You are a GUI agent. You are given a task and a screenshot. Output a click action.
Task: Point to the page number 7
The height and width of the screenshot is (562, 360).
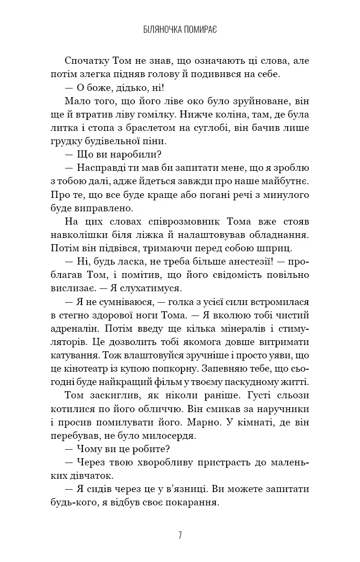point(180,535)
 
